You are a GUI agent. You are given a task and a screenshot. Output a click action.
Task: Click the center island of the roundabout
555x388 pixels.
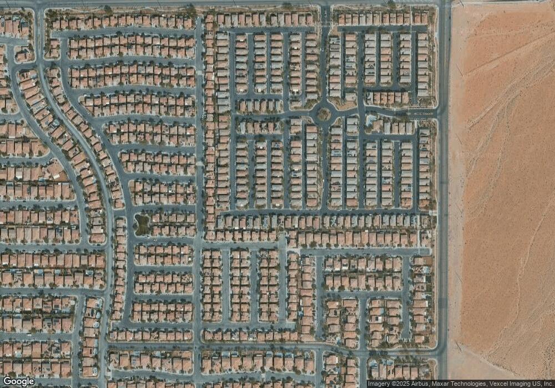coord(324,114)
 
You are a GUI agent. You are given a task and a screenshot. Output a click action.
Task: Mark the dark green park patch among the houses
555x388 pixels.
coord(142,224)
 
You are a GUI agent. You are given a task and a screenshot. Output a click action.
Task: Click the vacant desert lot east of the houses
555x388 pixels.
coord(502,194)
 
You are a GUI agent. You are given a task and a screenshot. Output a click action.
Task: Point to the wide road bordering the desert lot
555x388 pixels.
coord(443,222)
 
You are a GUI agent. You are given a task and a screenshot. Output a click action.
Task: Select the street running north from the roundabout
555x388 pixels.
coord(324,55)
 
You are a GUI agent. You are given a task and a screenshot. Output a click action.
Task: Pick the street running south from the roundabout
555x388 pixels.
coord(324,166)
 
